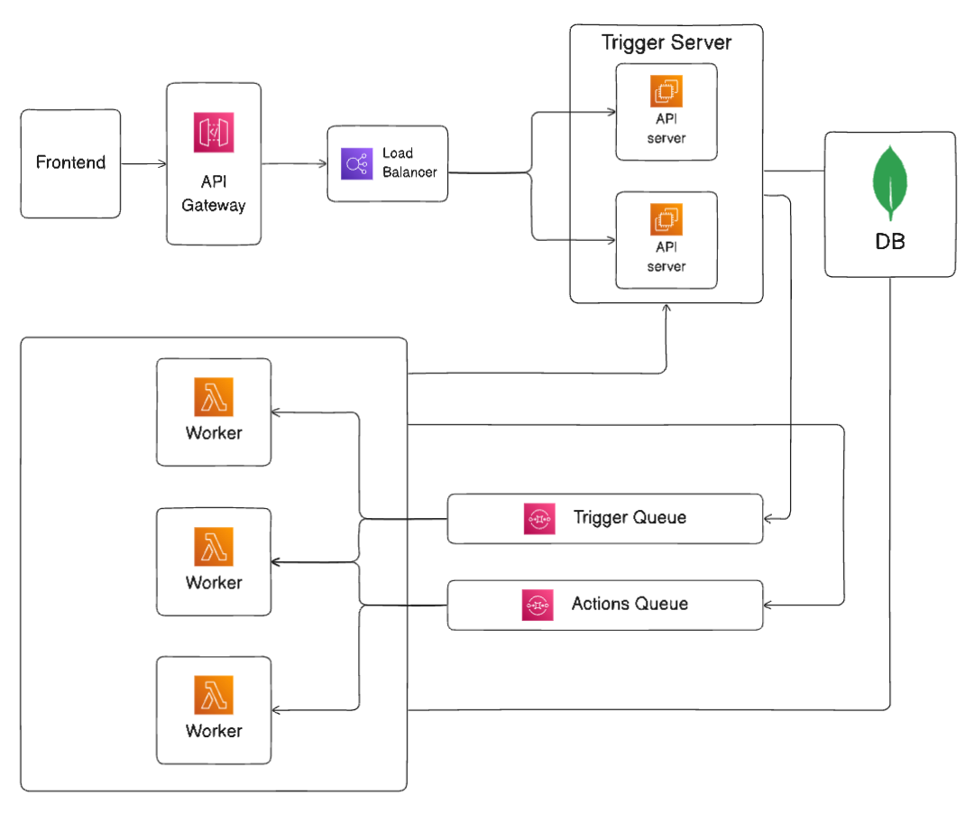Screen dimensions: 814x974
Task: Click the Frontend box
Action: [70, 163]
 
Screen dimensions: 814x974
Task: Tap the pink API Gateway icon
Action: [214, 133]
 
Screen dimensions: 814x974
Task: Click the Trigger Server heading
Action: [666, 42]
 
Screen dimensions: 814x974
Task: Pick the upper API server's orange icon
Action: [666, 91]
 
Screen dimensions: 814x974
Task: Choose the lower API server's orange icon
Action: [666, 219]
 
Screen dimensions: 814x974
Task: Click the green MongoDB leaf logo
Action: [890, 182]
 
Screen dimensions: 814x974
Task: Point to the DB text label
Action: [890, 242]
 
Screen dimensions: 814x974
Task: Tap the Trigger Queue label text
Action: [629, 518]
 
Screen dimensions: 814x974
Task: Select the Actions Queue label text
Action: [629, 604]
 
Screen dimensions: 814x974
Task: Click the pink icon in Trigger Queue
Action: [538, 519]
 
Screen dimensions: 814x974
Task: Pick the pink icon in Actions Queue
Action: [537, 605]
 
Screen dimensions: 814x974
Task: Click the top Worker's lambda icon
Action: [214, 396]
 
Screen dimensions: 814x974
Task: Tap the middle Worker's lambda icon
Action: [214, 546]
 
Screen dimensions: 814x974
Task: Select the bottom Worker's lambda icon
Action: [214, 694]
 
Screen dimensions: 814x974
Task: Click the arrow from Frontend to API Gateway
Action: [143, 164]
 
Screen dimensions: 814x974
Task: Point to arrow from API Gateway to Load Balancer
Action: [294, 164]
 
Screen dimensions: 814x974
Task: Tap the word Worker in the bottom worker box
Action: [214, 731]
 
